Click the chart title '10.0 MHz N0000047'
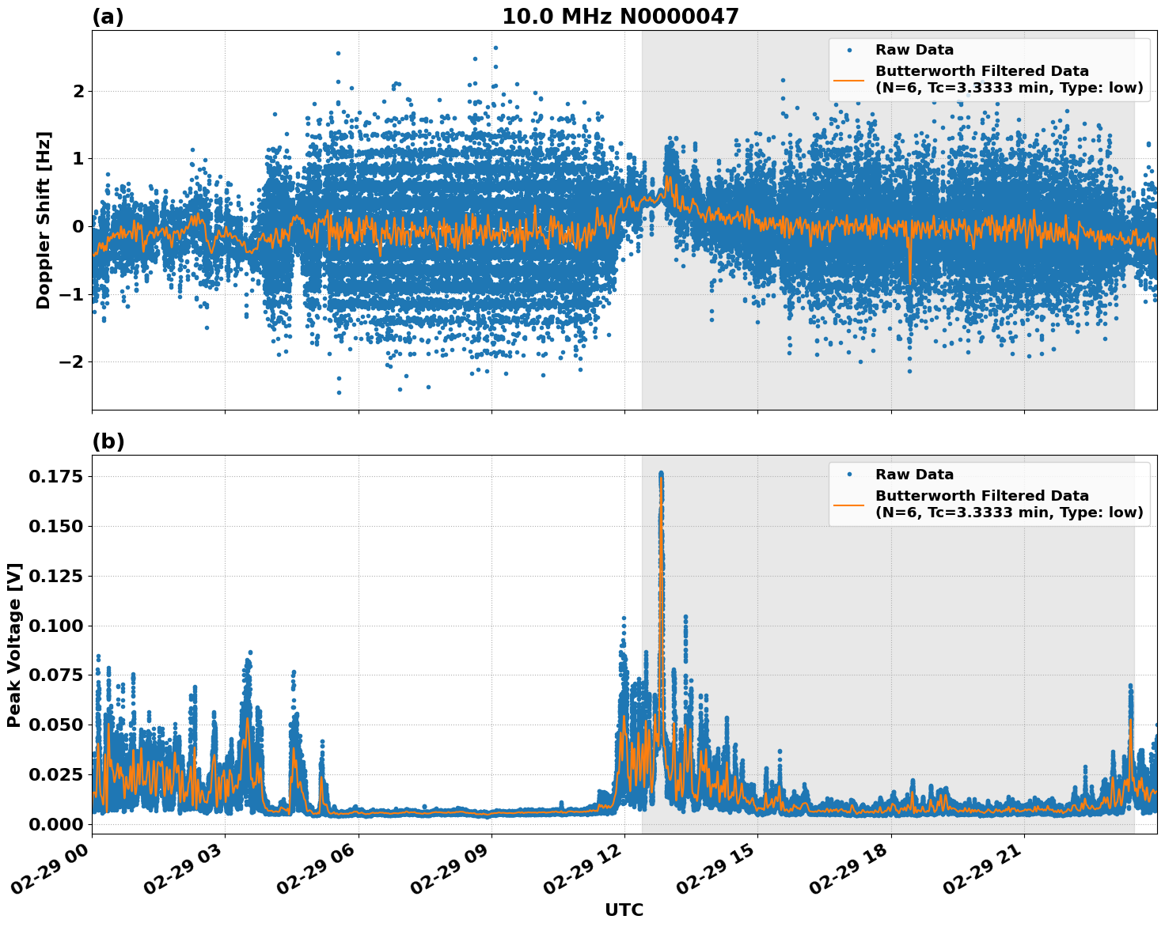tap(620, 17)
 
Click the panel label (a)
tap(108, 17)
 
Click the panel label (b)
tap(108, 441)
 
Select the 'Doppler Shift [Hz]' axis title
tap(44, 220)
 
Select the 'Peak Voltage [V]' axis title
tap(14, 645)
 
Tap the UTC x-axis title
tap(624, 910)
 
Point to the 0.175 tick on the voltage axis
tap(57, 476)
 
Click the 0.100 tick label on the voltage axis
tap(57, 626)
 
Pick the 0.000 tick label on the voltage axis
tap(57, 824)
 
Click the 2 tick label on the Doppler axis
tap(78, 92)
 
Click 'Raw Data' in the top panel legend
tap(914, 51)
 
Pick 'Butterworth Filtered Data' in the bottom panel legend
tap(981, 496)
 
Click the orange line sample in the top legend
tap(849, 80)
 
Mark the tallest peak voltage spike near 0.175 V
tap(661, 475)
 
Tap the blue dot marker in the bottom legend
tap(849, 475)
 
